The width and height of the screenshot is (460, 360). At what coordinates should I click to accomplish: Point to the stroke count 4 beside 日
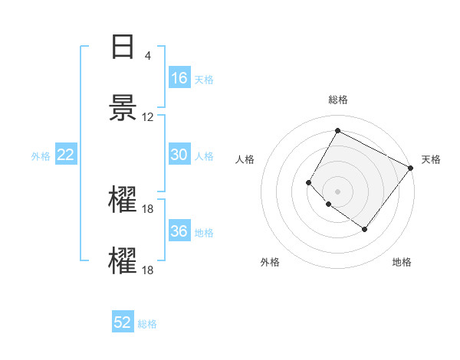click(147, 56)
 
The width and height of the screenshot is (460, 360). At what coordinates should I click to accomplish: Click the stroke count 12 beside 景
click(147, 117)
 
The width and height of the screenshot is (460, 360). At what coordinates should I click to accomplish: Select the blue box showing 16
click(179, 78)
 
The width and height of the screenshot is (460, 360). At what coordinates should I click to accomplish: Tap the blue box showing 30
click(179, 155)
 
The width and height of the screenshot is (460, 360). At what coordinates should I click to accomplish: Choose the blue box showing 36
click(179, 231)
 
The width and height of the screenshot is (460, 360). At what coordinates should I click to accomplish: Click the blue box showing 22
click(66, 155)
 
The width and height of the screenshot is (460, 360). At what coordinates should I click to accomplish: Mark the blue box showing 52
click(123, 322)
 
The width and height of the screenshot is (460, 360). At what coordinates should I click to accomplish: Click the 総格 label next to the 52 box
click(147, 324)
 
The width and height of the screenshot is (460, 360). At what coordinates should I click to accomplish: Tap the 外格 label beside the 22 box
click(41, 156)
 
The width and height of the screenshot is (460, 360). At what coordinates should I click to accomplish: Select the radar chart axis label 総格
click(337, 100)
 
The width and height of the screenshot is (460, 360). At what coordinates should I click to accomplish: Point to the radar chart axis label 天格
click(431, 159)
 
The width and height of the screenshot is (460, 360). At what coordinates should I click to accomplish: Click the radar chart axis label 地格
click(402, 262)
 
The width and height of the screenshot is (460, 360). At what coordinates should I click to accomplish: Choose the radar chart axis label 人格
click(245, 159)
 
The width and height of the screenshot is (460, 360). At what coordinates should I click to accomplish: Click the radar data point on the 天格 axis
click(410, 168)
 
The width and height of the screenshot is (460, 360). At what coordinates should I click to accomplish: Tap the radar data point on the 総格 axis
click(337, 130)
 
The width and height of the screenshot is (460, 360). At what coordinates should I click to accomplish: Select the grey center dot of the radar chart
click(337, 191)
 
